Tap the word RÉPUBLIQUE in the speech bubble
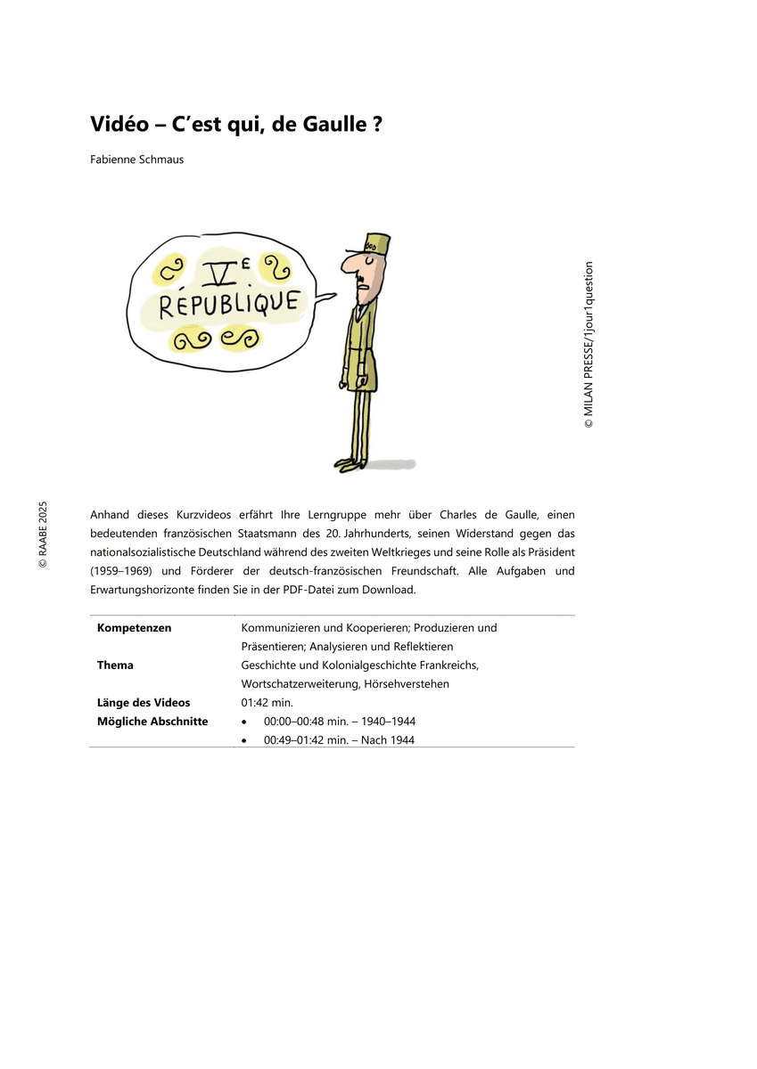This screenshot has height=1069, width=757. [x=228, y=303]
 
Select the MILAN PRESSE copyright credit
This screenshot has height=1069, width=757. [x=588, y=345]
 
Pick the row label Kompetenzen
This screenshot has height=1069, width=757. [x=134, y=628]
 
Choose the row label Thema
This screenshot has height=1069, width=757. [x=115, y=665]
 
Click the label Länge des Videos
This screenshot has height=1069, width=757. [x=144, y=703]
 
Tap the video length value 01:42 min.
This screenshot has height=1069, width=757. [x=261, y=703]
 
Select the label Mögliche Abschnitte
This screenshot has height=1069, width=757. [x=152, y=722]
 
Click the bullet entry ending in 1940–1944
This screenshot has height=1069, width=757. [x=339, y=722]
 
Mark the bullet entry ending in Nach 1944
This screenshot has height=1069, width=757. [x=339, y=740]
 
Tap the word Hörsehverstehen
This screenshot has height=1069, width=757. [x=407, y=684]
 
